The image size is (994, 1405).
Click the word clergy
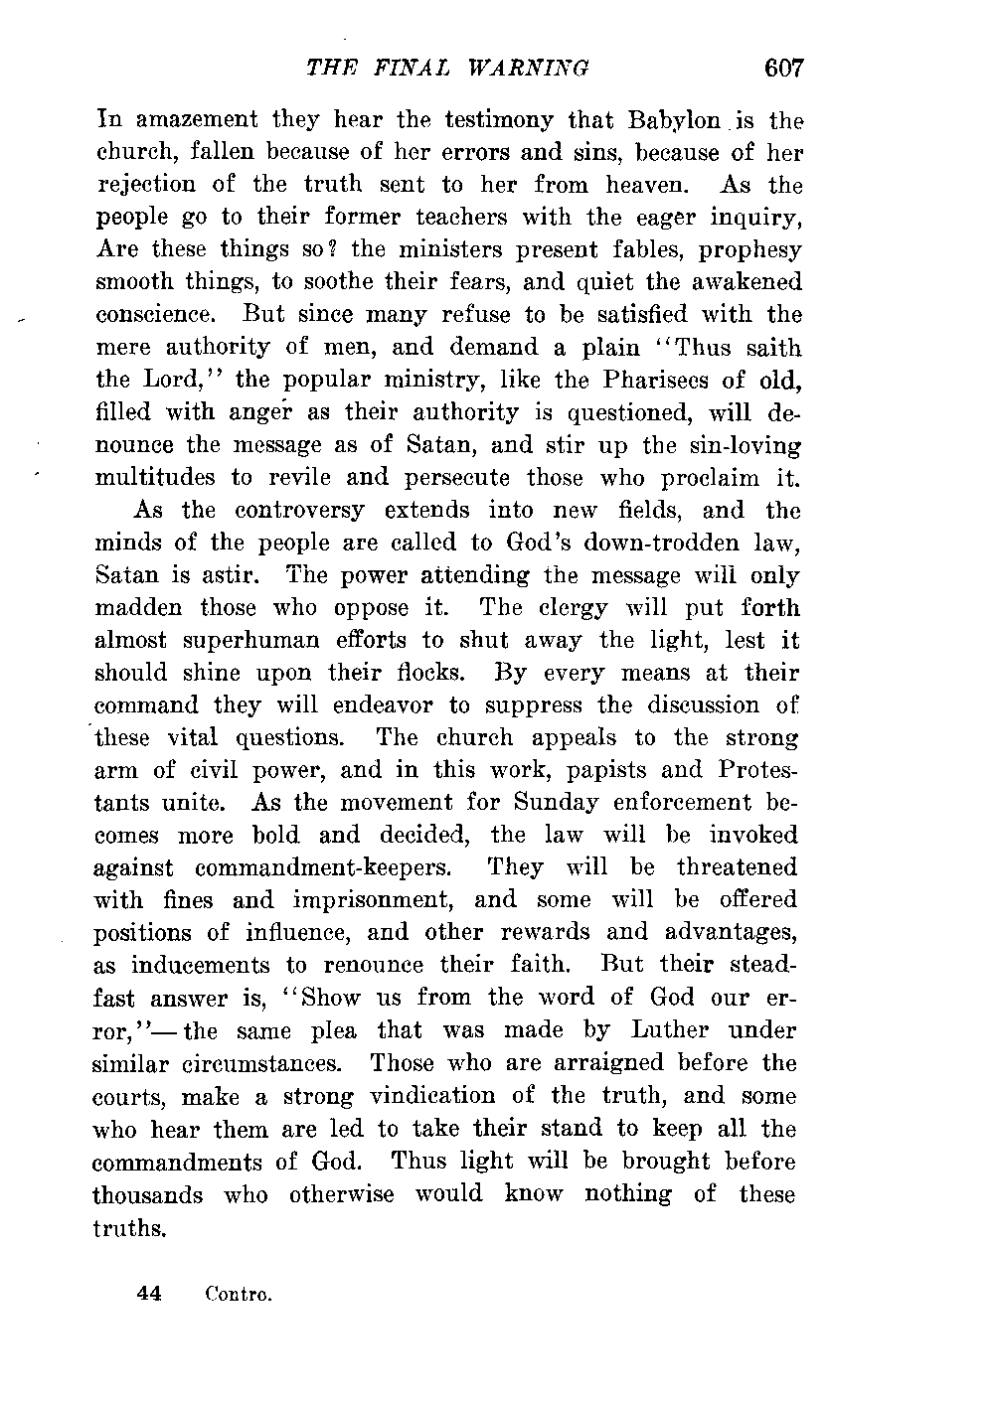(591, 608)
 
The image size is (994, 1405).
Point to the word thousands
(148, 1194)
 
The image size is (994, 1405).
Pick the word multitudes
(156, 478)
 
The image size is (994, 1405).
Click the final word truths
(128, 1228)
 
